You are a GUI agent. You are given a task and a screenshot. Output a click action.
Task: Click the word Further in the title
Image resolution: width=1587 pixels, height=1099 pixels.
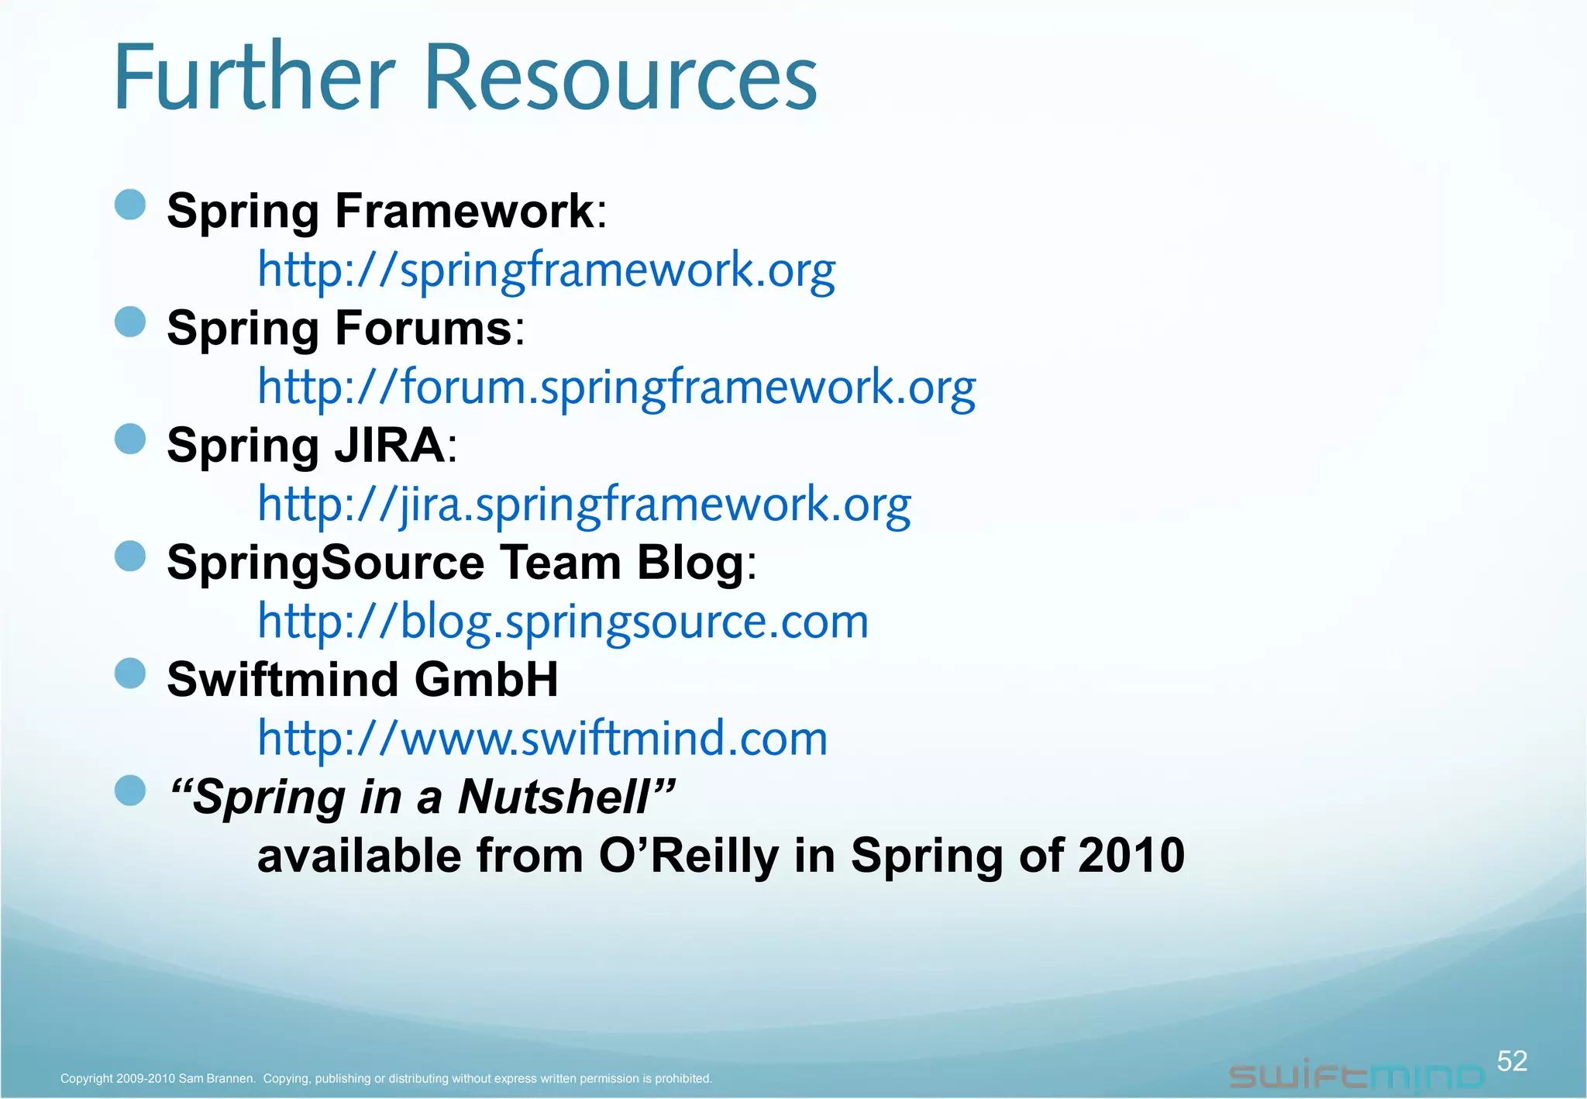(254, 78)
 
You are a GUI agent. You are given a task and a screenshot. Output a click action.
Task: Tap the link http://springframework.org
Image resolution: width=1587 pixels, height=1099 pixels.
(546, 270)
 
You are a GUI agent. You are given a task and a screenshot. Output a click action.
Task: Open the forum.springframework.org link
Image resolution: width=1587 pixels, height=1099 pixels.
(616, 388)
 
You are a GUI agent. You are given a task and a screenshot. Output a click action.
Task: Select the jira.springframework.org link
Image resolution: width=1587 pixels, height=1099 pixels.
(584, 505)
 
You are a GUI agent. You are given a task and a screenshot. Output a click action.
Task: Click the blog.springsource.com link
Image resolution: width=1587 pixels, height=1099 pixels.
(563, 622)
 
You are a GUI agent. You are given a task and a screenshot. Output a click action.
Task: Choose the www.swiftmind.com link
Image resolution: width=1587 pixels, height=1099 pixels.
(542, 739)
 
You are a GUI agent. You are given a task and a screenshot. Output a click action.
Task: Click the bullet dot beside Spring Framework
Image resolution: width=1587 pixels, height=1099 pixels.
(130, 205)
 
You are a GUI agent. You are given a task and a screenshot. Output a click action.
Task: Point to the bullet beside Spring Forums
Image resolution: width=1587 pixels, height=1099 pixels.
(130, 322)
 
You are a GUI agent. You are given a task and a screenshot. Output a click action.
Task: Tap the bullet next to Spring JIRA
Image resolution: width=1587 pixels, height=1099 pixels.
(130, 439)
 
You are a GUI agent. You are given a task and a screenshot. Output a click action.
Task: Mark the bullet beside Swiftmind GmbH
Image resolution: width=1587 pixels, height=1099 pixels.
(130, 674)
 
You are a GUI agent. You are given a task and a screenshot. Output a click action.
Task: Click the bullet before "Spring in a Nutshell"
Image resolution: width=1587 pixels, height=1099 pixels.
(130, 791)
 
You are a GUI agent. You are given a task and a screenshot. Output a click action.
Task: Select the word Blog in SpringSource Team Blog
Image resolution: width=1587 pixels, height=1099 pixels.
(690, 563)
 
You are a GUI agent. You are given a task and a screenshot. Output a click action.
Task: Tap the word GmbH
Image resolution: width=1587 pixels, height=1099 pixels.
(486, 680)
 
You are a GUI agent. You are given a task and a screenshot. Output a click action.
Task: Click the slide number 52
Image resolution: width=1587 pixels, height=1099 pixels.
(1512, 1061)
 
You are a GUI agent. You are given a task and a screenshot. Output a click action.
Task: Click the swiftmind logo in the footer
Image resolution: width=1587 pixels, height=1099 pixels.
(1356, 1076)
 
